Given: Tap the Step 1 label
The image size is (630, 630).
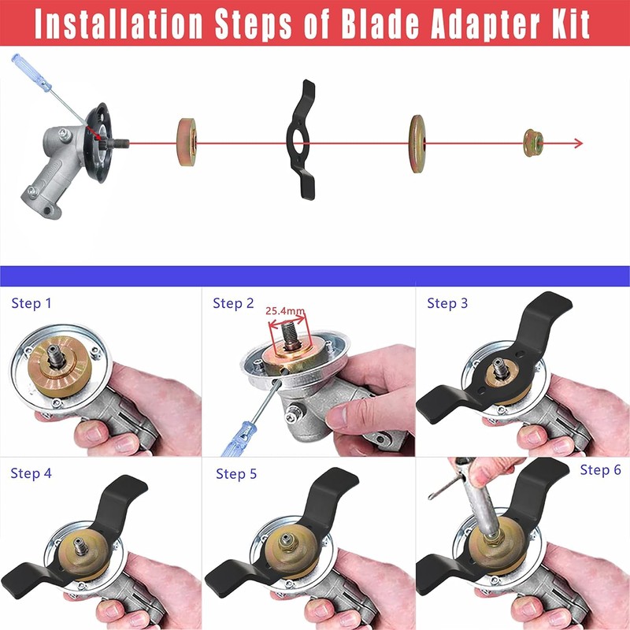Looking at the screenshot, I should (x=34, y=303).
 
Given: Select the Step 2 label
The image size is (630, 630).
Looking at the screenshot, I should (x=233, y=303).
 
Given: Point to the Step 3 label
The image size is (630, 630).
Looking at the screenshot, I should (x=447, y=303).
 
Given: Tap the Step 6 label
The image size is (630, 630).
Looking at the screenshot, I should (x=600, y=470).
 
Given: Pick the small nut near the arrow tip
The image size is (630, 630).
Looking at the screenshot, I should (x=533, y=143).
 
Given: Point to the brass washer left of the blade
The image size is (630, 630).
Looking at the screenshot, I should (x=187, y=142).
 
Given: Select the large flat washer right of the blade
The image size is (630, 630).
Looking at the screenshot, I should (x=417, y=142).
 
